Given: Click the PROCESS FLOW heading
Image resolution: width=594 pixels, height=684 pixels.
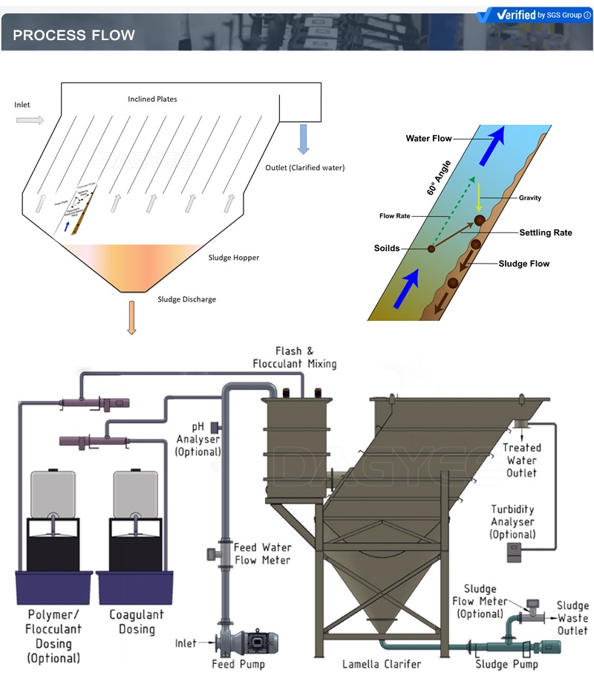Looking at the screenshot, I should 74,35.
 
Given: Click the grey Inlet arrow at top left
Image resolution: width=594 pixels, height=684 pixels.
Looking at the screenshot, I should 30,120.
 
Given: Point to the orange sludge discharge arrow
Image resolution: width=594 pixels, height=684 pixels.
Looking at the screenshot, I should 131,317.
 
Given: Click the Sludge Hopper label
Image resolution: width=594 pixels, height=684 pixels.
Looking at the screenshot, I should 234,258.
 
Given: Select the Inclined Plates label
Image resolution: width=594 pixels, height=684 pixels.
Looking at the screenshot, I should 152,99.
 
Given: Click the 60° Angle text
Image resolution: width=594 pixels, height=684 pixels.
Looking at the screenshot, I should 439,178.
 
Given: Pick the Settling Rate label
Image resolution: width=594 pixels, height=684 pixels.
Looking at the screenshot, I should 545,232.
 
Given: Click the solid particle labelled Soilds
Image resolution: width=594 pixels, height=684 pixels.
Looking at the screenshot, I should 431,248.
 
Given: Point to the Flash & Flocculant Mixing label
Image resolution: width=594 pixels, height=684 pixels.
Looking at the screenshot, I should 294,357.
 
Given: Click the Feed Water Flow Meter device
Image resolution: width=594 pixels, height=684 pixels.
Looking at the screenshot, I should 212,553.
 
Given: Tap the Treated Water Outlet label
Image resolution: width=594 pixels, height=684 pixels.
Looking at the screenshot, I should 521,460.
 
